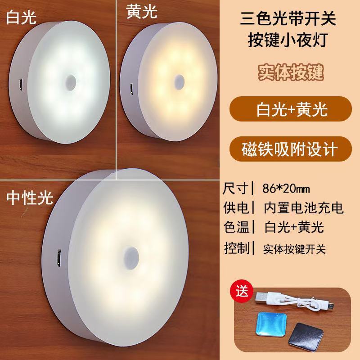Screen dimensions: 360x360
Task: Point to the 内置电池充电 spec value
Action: [304, 207]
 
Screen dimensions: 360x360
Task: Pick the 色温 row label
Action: [236, 227]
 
